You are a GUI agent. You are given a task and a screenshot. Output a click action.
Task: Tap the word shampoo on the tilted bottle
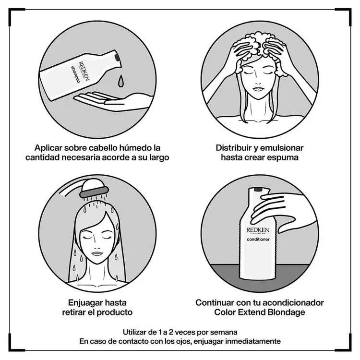click(75, 74)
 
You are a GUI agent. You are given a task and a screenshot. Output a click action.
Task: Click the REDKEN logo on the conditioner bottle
click(258, 230)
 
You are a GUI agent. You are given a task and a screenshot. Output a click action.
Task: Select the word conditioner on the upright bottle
click(258, 240)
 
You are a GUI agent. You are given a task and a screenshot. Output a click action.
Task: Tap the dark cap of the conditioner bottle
click(258, 190)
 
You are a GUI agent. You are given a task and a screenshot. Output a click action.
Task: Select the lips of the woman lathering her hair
click(259, 89)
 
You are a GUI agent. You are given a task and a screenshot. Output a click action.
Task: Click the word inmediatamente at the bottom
click(253, 341)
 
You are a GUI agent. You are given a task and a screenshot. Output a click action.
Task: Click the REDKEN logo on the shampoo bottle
click(84, 71)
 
